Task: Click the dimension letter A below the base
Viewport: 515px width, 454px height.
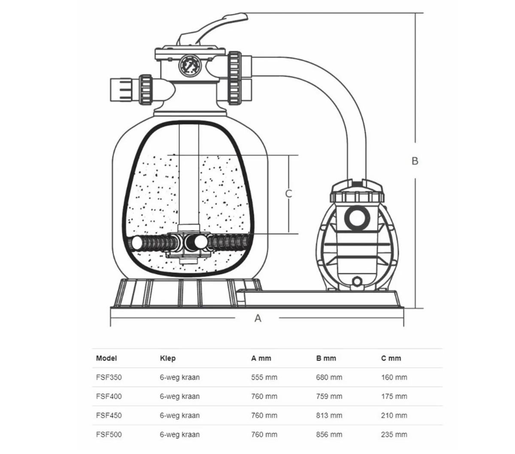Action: pos(258,318)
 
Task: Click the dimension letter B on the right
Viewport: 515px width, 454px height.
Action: pos(415,160)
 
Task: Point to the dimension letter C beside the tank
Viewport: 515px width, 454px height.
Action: pos(288,194)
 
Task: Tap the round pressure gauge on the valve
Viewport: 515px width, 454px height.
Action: pos(190,66)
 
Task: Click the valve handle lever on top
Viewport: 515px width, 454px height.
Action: pos(212,30)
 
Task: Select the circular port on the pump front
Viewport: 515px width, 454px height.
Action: pos(357,218)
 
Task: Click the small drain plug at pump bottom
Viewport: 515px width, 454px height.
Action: pos(357,281)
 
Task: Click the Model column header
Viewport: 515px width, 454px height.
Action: pos(106,358)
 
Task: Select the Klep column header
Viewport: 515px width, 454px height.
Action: pos(168,358)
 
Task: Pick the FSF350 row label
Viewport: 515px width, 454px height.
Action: pos(109,377)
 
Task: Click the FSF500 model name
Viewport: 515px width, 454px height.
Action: pos(109,434)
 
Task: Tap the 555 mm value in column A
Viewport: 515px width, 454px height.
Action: pos(264,377)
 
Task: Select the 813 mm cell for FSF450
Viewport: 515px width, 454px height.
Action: pos(329,415)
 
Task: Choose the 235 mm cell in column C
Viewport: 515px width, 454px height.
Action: pos(394,434)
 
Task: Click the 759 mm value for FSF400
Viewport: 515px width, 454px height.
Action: pos(329,396)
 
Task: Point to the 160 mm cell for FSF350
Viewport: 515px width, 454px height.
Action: pos(394,377)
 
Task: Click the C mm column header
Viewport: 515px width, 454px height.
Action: pos(391,358)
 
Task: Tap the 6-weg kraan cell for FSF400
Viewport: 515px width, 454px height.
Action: pos(180,396)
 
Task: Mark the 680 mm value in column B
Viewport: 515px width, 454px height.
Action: pos(329,377)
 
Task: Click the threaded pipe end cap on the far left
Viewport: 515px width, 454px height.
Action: pos(121,90)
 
